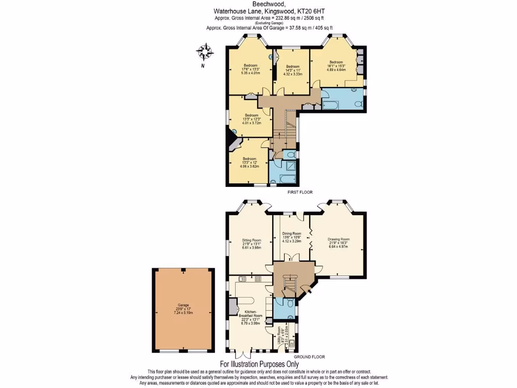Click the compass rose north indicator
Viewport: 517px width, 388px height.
point(205,52)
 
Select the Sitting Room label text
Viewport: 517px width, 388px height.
point(251,244)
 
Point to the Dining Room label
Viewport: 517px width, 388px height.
point(291,237)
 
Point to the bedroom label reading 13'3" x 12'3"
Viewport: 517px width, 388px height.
point(251,119)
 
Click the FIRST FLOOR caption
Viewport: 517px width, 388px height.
point(299,192)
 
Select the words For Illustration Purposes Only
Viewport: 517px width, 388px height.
point(259,364)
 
